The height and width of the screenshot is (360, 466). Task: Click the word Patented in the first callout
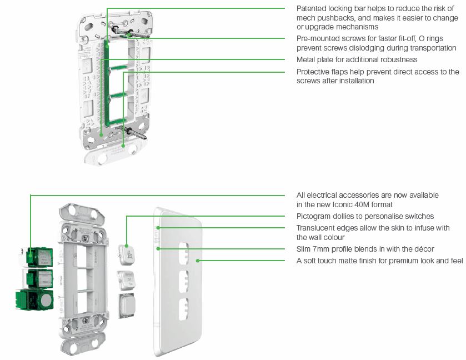point(312,8)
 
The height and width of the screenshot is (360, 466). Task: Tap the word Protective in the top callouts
point(315,72)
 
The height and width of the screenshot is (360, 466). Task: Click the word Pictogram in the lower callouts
point(315,216)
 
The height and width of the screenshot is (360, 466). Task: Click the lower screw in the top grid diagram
point(134,133)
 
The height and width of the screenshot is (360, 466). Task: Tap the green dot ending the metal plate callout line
point(101,133)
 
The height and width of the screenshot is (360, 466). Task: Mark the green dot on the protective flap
point(123,146)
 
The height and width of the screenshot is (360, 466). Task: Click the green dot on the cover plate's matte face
point(198,260)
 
